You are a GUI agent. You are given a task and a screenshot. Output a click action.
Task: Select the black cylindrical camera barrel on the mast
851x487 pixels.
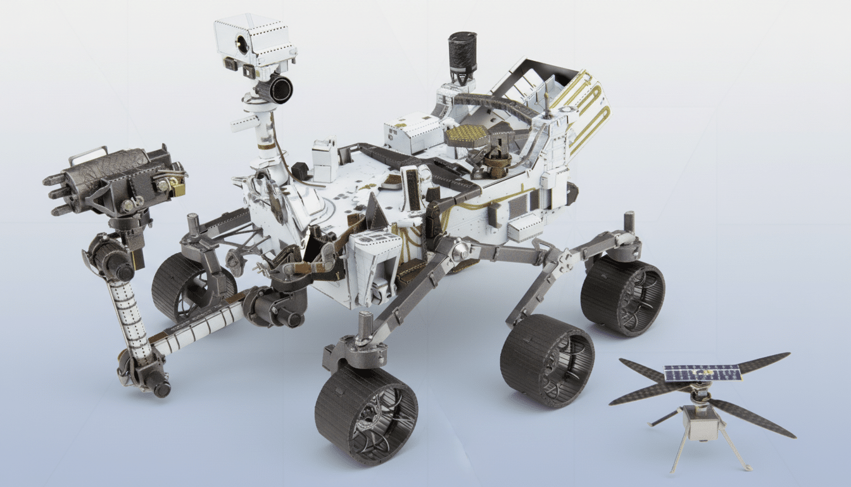[x=277, y=88]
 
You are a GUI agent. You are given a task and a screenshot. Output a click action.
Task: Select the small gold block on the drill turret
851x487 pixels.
[x=177, y=188]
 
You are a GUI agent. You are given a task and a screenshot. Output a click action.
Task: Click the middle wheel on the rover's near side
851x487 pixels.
[x=547, y=360]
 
